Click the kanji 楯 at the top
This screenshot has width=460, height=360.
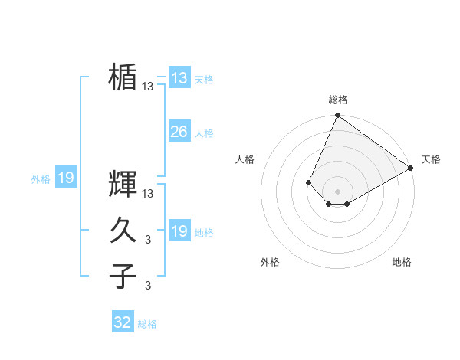click(x=123, y=77)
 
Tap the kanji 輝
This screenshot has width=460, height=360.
click(x=123, y=185)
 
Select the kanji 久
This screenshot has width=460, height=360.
click(x=123, y=231)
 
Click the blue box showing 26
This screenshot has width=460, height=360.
click(x=179, y=132)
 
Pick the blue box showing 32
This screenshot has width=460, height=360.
click(x=123, y=322)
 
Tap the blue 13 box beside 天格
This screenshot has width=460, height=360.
click(x=179, y=78)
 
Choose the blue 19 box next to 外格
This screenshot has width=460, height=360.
click(x=65, y=178)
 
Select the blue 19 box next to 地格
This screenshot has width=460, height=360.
click(x=179, y=231)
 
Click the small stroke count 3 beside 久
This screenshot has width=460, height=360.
click(x=148, y=240)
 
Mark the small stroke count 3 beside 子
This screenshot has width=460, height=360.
click(x=148, y=286)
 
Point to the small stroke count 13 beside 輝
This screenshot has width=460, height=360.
click(x=148, y=194)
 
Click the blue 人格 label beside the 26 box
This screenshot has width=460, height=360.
click(x=204, y=133)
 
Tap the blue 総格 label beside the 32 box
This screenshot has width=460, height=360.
click(x=147, y=324)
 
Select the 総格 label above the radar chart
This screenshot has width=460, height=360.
click(x=337, y=100)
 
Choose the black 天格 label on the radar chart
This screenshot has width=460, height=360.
click(x=431, y=159)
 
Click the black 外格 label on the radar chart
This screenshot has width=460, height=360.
click(x=270, y=262)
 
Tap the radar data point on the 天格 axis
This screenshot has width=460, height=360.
click(x=411, y=169)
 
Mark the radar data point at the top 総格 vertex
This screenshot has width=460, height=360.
click(x=337, y=116)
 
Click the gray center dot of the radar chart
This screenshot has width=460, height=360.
click(x=337, y=191)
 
